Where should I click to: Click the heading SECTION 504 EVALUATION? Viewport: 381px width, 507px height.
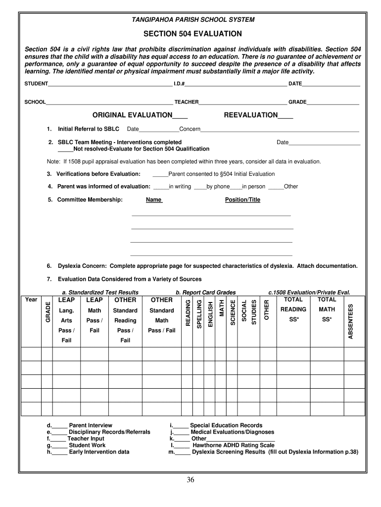tap(192, 34)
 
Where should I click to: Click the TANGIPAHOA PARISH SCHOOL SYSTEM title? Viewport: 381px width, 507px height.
tap(193, 20)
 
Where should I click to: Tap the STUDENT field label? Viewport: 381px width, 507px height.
tap(36, 84)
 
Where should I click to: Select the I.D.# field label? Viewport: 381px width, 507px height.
tap(179, 84)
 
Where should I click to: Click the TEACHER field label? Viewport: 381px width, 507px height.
tap(186, 102)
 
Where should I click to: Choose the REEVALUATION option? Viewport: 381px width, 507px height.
tap(251, 115)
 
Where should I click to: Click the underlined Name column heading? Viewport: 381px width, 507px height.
tap(153, 200)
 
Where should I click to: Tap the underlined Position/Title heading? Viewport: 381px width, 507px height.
tap(242, 200)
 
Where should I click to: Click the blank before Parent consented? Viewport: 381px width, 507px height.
tap(160, 174)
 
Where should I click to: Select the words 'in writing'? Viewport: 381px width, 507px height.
tap(180, 187)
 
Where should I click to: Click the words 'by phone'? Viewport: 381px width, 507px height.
tap(218, 187)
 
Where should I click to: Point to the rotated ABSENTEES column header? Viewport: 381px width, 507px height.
tap(351, 321)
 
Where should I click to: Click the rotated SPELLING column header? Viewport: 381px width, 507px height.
tap(199, 314)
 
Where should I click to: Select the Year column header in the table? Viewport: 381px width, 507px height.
tap(31, 300)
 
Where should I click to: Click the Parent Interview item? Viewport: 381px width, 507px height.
tap(91, 425)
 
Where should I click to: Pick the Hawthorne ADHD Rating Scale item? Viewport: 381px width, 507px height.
tap(233, 445)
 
